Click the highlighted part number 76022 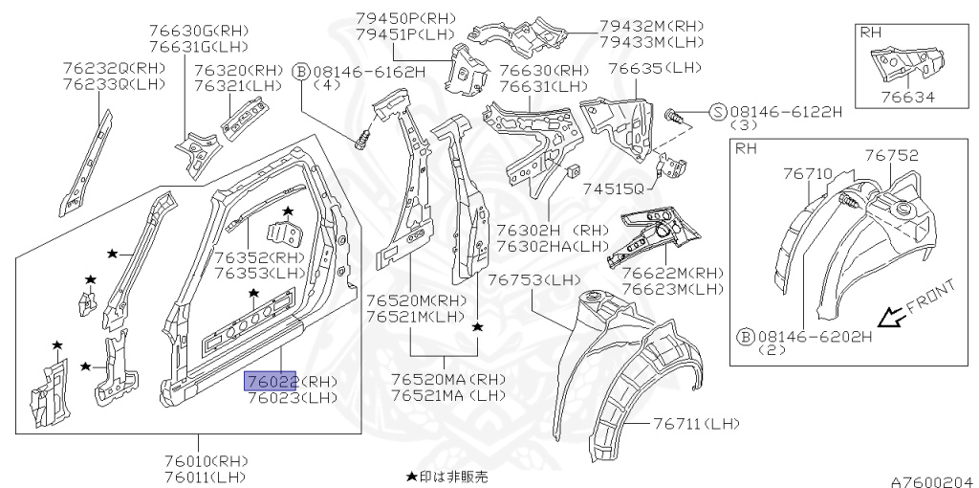pos(271,381)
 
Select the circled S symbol pos(717,111)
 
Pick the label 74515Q pos(611,189)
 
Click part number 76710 pos(803,175)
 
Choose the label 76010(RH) pos(206,460)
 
